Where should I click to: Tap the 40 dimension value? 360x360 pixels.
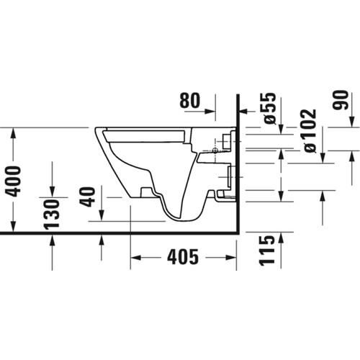coord(89,197)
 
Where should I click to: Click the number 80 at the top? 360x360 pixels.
coord(189,101)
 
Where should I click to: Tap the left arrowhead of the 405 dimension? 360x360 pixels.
coord(135,256)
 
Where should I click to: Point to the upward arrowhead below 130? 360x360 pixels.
coord(52,239)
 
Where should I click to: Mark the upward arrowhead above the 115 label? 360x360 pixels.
coord(280,237)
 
